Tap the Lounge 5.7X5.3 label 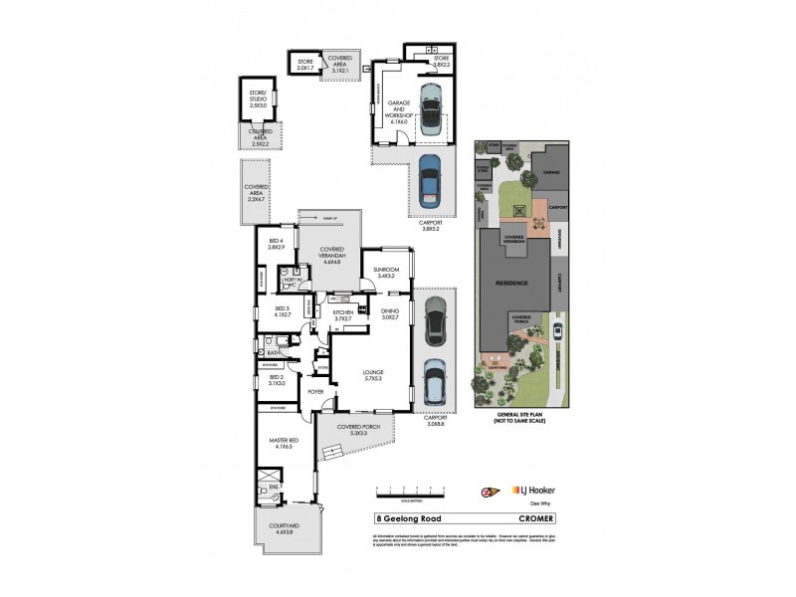pos(373,376)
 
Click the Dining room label pos(389,315)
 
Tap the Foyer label pos(316,392)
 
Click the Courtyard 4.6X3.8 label pos(283,535)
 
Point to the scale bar pos(410,491)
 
